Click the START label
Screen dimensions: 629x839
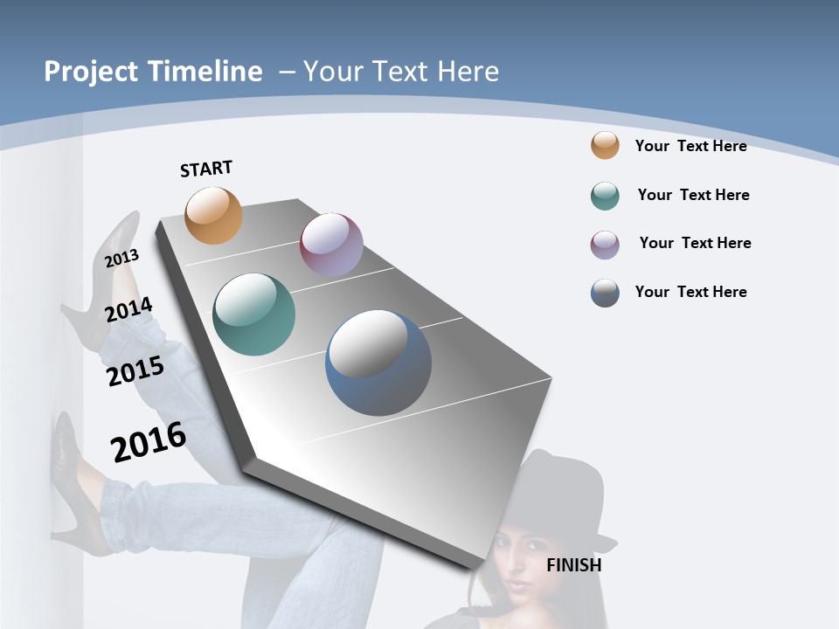click(206, 169)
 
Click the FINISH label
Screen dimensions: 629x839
click(573, 565)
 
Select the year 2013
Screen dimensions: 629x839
click(121, 258)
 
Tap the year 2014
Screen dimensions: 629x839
click(128, 309)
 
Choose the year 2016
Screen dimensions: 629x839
click(149, 442)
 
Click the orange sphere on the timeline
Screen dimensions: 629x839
click(214, 215)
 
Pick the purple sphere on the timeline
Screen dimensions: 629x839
click(331, 244)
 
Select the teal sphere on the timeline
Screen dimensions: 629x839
click(254, 314)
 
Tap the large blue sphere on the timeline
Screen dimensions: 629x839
click(378, 363)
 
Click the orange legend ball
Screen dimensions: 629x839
click(605, 145)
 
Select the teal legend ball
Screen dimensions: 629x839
click(605, 196)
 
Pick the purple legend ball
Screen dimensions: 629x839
click(605, 245)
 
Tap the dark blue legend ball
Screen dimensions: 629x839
click(605, 293)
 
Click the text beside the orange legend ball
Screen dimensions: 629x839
click(690, 146)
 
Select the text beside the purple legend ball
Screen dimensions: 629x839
click(695, 243)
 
